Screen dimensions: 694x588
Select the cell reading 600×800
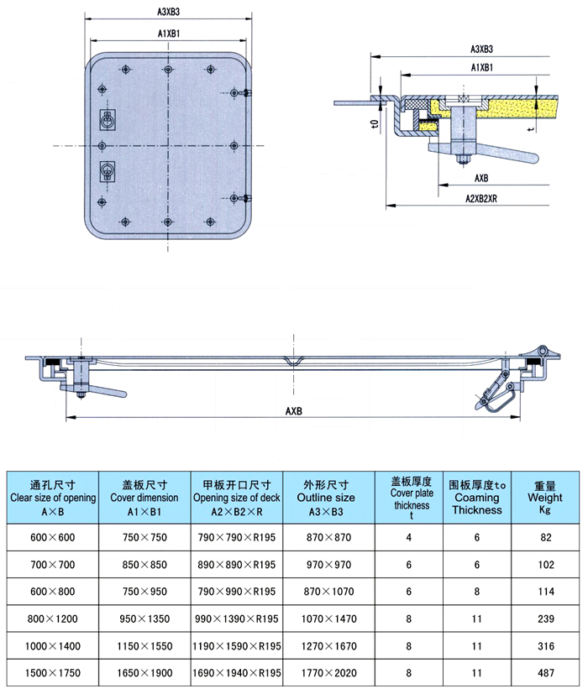click(53, 591)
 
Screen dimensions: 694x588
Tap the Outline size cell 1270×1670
click(328, 646)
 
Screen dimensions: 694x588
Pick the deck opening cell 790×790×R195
click(236, 536)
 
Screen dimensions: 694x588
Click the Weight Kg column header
click(544, 497)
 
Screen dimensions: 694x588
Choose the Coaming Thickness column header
click(477, 497)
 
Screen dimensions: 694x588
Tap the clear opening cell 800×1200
click(53, 618)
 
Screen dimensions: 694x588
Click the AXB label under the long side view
click(293, 411)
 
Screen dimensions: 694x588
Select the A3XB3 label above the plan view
click(171, 13)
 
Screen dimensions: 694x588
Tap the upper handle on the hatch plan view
click(108, 120)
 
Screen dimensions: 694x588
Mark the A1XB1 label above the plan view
click(171, 34)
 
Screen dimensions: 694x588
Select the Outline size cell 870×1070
click(328, 591)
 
